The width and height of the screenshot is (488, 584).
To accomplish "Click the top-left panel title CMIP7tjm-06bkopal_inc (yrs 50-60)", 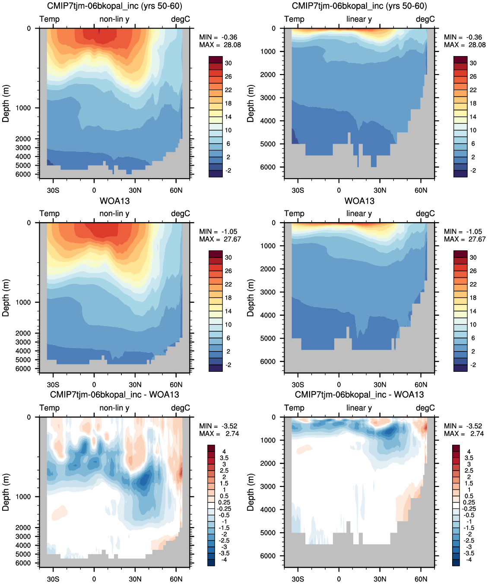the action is tap(114, 6).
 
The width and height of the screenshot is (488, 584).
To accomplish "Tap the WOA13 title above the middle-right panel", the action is tap(359, 201).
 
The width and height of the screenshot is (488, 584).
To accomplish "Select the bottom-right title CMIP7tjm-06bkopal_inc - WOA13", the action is tap(359, 395).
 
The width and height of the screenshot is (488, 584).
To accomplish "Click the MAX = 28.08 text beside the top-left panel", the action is tap(220, 45).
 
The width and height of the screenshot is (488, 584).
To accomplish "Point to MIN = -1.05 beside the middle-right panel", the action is tap(465, 232).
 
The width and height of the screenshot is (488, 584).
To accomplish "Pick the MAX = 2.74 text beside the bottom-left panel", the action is tap(219, 434).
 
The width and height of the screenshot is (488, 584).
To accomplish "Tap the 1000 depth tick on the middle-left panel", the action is tap(23, 302).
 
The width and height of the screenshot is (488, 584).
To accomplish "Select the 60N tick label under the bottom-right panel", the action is tap(421, 579).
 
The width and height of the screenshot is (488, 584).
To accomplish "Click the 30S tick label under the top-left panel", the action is tap(53, 191).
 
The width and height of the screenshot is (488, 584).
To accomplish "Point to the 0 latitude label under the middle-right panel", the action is tap(339, 385).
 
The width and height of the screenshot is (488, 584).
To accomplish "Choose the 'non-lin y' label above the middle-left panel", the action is tap(114, 214).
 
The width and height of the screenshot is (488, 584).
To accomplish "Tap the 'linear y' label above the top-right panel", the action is tap(359, 19).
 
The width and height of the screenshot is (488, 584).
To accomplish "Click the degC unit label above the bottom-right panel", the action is tap(425, 408).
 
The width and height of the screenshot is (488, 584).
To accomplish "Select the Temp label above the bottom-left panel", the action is tap(49, 408).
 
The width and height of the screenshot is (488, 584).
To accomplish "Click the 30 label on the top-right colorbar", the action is tap(473, 63).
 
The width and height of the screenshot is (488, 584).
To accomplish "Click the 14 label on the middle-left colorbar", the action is tap(228, 311).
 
